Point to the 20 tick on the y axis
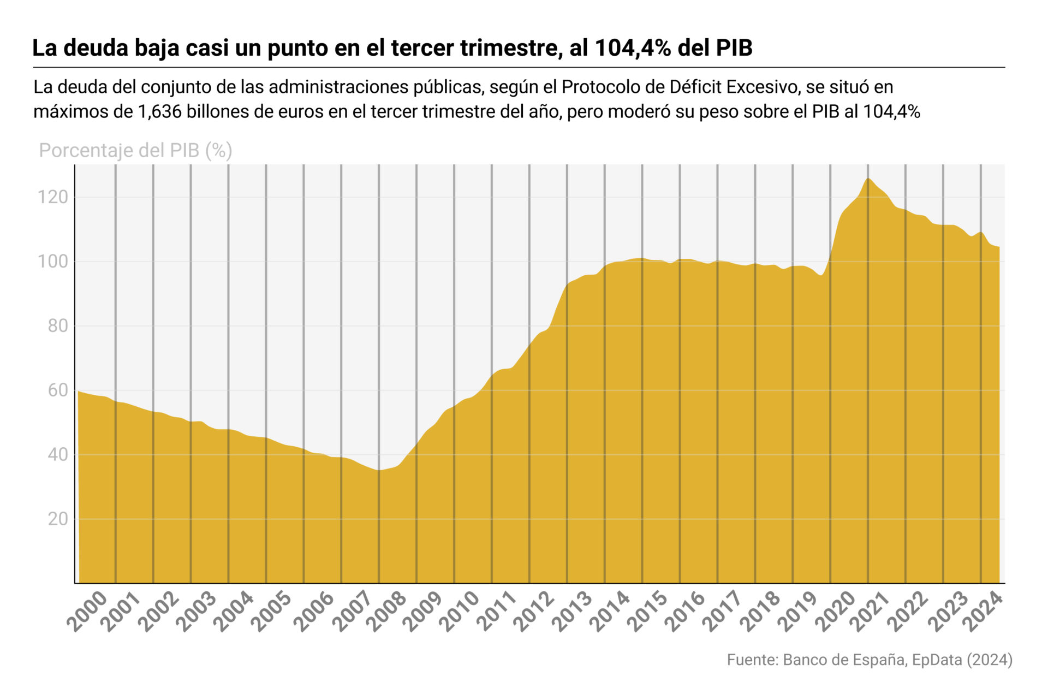[x=57, y=519]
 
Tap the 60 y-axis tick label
[x=57, y=390]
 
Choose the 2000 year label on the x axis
[x=87, y=611]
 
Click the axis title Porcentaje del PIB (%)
[x=135, y=150]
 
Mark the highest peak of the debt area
[x=868, y=179]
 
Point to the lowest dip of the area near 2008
[x=379, y=470]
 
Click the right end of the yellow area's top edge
[x=999, y=247]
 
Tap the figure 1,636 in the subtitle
[x=159, y=112]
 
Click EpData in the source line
[x=937, y=660]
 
